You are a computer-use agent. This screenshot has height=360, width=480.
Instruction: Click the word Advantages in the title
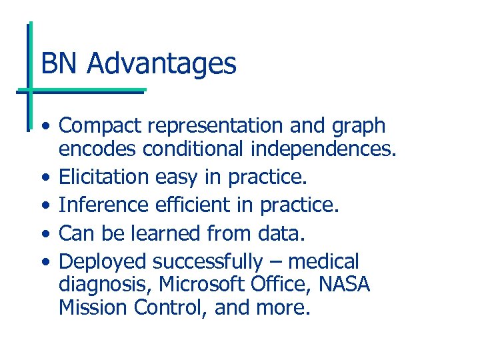point(161,65)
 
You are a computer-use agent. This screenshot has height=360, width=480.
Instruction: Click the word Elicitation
point(103,177)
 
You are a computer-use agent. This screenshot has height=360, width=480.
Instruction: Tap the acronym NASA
point(343,285)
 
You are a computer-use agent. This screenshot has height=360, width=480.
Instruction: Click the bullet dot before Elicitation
point(44,179)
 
